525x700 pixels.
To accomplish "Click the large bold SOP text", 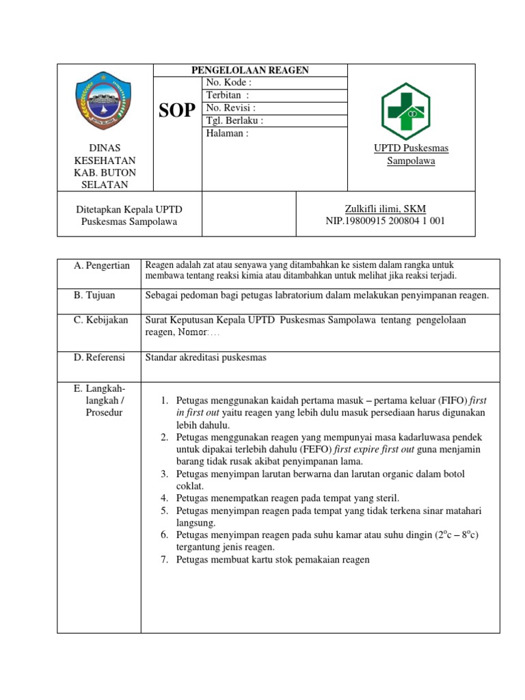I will click(177, 110).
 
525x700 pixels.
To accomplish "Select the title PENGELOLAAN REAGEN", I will click(250, 70).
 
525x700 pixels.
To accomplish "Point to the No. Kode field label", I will click(229, 83).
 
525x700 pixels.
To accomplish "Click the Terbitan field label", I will click(228, 96).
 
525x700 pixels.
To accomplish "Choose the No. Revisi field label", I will click(230, 108).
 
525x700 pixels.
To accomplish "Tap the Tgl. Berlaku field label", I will click(234, 120).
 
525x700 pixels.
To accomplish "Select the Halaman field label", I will click(227, 133).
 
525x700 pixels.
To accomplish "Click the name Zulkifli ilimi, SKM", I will click(386, 208).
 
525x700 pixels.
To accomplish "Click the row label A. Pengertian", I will click(102, 266).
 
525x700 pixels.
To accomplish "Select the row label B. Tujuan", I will click(95, 295).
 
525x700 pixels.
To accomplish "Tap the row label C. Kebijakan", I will click(101, 320).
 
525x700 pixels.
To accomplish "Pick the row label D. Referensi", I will click(100, 357).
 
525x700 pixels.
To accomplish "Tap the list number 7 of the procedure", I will click(165, 560).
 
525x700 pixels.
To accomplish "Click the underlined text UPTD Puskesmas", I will click(411, 148).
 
